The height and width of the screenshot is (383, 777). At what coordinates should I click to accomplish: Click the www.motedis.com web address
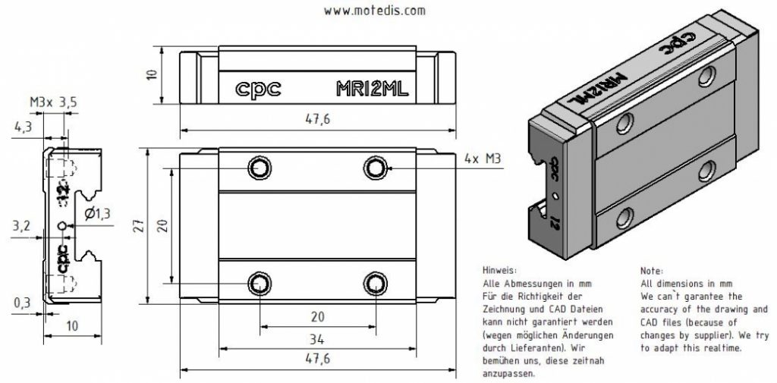tap(375, 11)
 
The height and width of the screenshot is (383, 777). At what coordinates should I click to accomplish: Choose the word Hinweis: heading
tap(499, 270)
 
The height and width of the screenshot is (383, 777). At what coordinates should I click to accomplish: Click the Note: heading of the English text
tap(653, 270)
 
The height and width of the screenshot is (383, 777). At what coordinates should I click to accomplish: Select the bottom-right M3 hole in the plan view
tap(373, 283)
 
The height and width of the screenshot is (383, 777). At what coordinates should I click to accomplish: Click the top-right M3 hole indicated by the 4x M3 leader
tap(373, 168)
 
